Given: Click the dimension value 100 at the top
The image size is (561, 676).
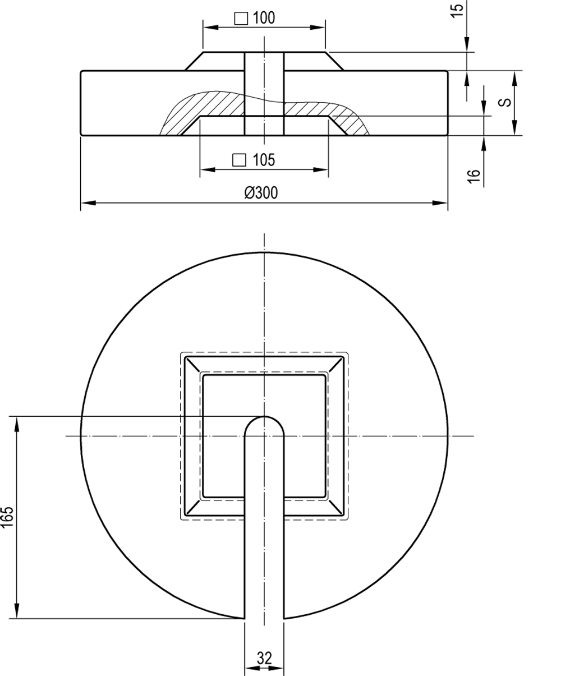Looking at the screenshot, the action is point(264,18).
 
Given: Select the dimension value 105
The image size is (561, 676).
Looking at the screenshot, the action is point(264,160).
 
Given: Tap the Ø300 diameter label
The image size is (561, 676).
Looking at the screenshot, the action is point(261,193).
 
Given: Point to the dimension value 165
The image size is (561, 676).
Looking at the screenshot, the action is point(7,517).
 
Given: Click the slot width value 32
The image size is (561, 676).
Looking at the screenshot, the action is point(264,649).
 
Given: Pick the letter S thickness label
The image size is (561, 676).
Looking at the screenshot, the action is point(504,102).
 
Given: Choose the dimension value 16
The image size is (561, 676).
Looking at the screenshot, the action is point(473,177).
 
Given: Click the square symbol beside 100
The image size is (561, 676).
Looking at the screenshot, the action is point(241,19).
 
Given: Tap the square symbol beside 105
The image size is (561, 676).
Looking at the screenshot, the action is point(239,160).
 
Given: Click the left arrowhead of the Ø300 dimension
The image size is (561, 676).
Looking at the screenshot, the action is point(88,203).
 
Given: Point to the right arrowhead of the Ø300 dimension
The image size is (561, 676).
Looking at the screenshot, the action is point(440,203).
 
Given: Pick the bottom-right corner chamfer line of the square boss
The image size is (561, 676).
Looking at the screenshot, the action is point(335,507).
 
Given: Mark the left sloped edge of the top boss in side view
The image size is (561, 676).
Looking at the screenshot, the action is point(194,61).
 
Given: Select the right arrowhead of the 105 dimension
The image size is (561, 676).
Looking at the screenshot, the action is point(321,169).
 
